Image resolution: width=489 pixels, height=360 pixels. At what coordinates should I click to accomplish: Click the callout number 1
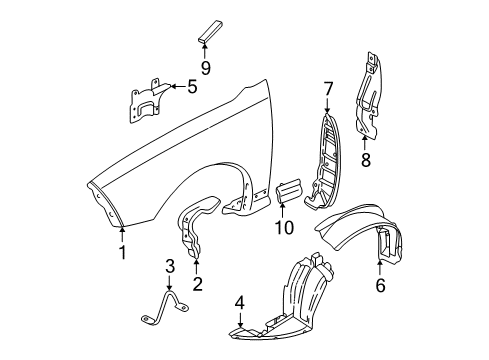122,252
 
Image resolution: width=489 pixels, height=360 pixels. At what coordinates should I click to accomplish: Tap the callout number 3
170,265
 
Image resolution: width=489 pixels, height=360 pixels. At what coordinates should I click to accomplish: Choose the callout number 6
380,285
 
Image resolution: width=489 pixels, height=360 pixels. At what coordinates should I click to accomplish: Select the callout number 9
205,69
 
